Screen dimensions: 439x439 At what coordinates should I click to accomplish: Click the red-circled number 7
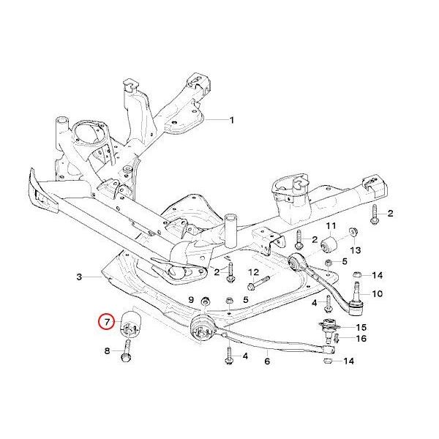click(x=107, y=321)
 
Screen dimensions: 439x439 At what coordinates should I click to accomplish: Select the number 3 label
click(x=78, y=277)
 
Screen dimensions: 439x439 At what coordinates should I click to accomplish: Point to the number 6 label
click(x=268, y=361)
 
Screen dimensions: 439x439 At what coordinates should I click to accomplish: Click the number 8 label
click(x=107, y=352)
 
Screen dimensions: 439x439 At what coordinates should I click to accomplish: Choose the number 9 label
click(x=191, y=300)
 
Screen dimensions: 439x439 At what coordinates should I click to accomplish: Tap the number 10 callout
click(x=378, y=294)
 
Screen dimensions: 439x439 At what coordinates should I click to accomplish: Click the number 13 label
click(x=355, y=250)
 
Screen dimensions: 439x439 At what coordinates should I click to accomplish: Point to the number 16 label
click(x=361, y=338)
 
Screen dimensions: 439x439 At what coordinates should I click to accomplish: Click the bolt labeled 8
click(x=127, y=358)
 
